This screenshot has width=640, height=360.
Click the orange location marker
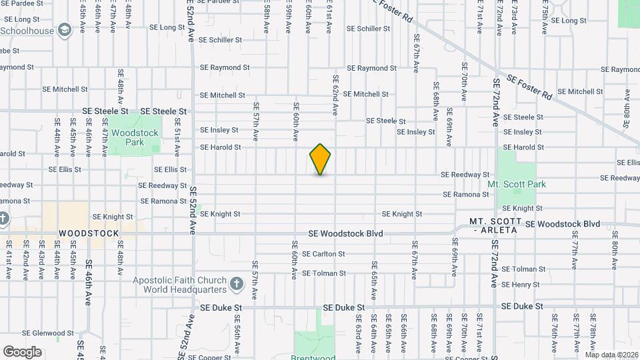(x=321, y=159)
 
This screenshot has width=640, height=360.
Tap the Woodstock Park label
(x=135, y=137)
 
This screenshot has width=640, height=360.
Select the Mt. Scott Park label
(x=517, y=184)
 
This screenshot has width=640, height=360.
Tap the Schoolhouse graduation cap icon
(x=65, y=30)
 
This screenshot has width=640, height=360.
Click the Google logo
(x=22, y=351)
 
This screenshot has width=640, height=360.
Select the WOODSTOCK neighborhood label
(x=89, y=233)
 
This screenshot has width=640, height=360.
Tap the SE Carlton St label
(x=323, y=254)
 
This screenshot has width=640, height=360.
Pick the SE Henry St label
(x=520, y=285)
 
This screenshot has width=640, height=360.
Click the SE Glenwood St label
(x=48, y=333)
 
